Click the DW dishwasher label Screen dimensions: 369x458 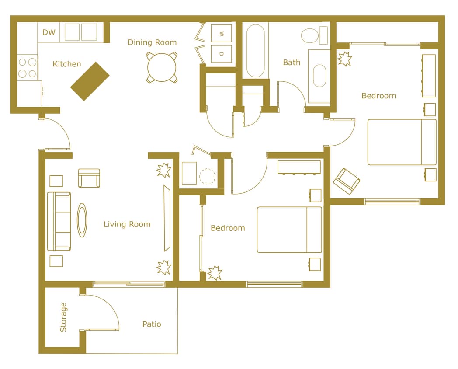[49, 32]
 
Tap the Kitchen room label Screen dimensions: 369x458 [67, 64]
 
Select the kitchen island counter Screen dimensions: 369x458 [90, 81]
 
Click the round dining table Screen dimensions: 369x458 [162, 67]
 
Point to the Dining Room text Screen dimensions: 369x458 [152, 42]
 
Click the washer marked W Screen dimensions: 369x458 [221, 34]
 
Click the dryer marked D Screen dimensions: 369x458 [221, 54]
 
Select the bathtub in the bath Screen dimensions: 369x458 [255, 51]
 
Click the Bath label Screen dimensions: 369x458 [291, 63]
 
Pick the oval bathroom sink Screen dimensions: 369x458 [319, 77]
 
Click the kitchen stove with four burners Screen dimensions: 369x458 [27, 68]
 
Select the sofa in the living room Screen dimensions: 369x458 [59, 221]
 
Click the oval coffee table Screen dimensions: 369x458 [82, 220]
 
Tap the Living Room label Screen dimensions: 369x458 [127, 224]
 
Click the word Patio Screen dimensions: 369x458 [152, 324]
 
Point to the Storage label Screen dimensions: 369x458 [64, 317]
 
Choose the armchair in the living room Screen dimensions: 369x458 [89, 178]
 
